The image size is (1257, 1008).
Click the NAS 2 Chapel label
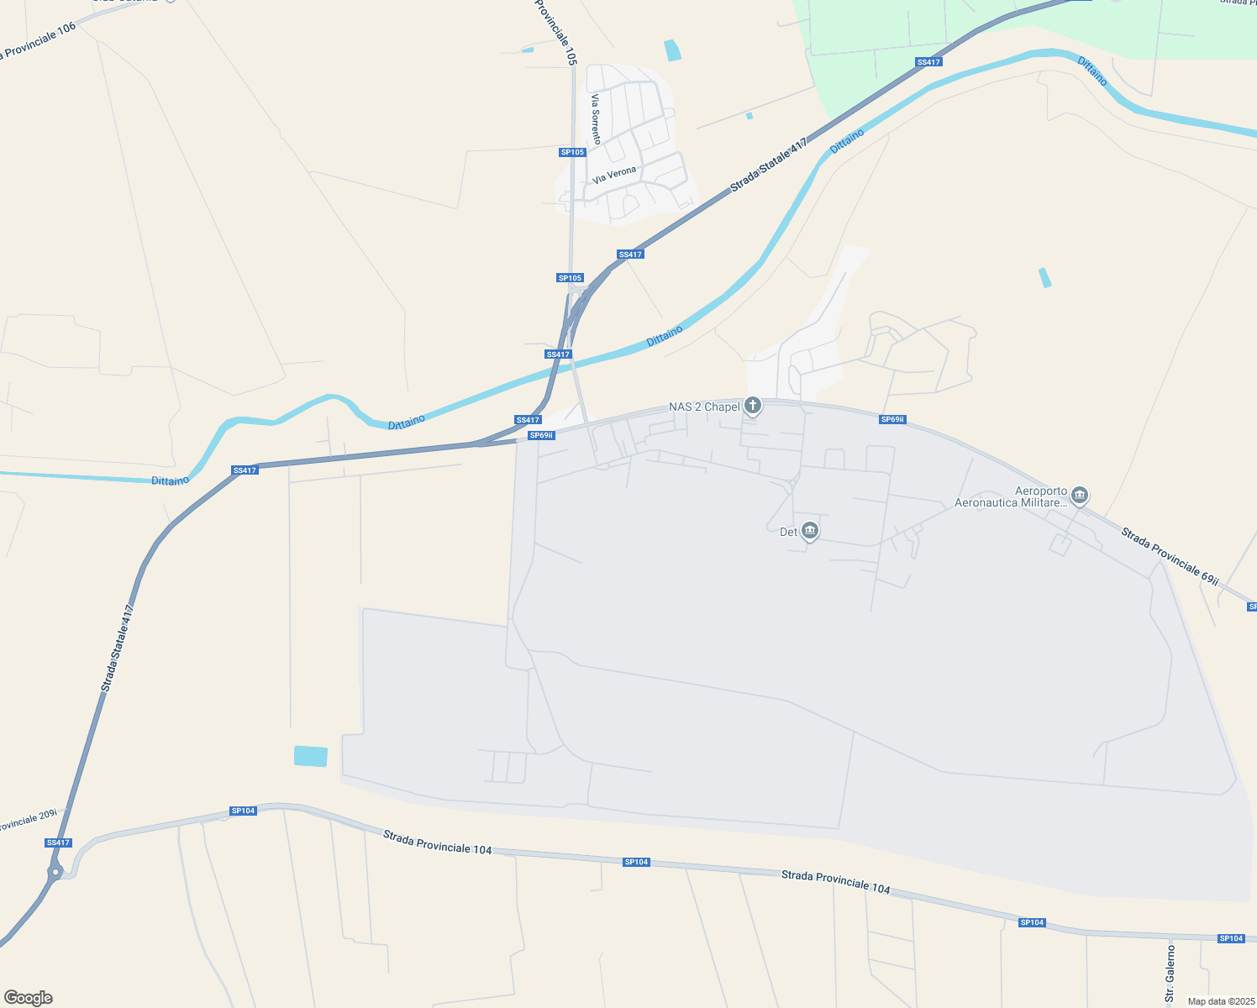704,407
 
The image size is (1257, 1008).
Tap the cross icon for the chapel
753,407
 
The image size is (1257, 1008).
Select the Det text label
788,532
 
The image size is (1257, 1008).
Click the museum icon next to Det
810,530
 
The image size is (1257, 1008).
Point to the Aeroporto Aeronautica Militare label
1010,497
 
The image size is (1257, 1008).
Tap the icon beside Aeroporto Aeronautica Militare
1081,496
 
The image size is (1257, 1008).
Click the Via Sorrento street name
596,118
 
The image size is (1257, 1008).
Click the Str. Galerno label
1170,973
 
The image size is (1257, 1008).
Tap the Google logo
28,998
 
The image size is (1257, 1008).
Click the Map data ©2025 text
1219,1001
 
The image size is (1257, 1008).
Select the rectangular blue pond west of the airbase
311,756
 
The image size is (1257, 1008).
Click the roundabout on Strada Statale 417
55,872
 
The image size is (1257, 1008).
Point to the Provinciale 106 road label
39,41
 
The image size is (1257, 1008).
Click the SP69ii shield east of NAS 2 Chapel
892,419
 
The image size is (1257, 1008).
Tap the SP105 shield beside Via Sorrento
572,152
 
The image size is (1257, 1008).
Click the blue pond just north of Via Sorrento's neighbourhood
672,50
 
